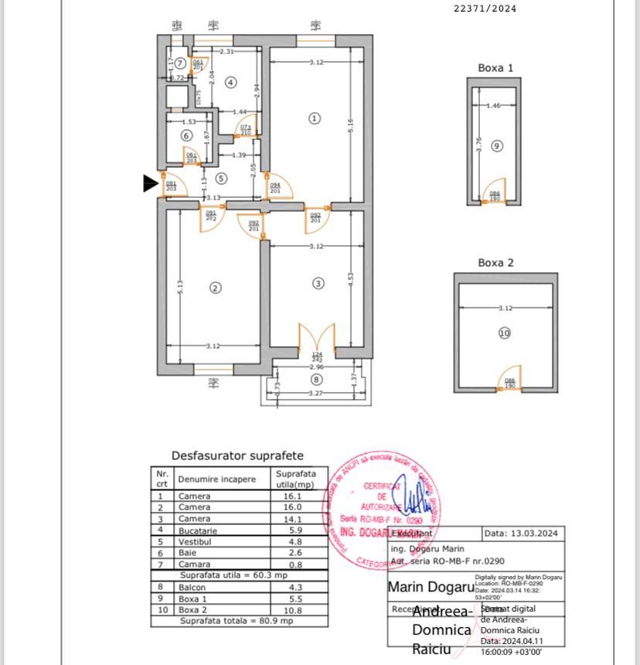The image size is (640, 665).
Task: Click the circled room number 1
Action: click(x=314, y=118)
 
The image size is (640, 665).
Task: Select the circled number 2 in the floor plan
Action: click(x=216, y=288)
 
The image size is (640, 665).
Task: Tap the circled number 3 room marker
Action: click(x=318, y=284)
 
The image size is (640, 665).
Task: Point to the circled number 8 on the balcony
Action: click(x=315, y=379)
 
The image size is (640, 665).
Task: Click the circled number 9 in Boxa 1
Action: click(x=497, y=145)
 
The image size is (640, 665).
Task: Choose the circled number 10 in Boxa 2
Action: click(x=505, y=333)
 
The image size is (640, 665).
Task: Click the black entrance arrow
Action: click(x=151, y=183)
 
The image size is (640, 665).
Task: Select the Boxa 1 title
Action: click(x=495, y=68)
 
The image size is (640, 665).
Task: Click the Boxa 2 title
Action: click(x=495, y=263)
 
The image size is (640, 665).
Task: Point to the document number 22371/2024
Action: click(x=485, y=9)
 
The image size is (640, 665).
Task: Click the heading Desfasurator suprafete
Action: click(x=237, y=456)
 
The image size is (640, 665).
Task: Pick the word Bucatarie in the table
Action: click(x=197, y=531)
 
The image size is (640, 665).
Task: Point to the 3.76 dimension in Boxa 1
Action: click(x=479, y=145)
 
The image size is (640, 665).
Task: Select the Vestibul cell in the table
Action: click(x=194, y=542)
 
